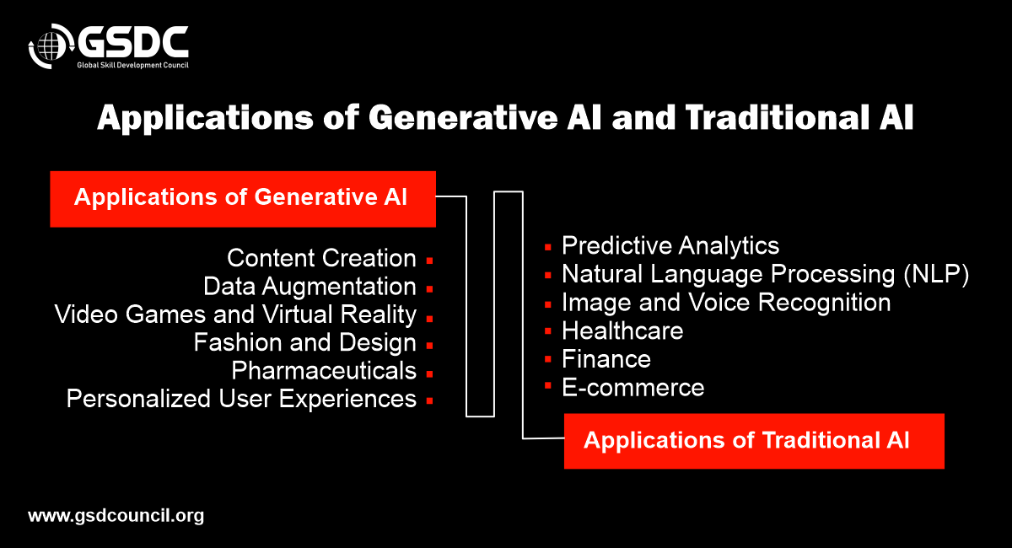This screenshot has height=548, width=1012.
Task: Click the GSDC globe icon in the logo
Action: click(x=51, y=46)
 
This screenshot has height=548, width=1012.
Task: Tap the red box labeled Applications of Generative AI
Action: click(x=243, y=199)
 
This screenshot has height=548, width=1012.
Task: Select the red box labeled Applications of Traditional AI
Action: click(x=754, y=441)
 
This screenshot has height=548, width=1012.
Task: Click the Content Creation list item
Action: click(x=321, y=258)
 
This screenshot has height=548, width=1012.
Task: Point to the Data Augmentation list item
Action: click(x=310, y=287)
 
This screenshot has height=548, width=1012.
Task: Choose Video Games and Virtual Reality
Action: click(x=235, y=314)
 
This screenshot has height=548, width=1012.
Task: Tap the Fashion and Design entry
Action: click(x=305, y=342)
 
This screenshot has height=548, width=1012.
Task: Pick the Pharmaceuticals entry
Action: click(x=324, y=371)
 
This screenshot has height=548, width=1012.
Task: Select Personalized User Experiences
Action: click(x=241, y=399)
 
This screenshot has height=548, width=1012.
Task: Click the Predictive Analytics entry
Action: click(x=670, y=246)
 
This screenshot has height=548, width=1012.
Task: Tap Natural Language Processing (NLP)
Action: click(x=766, y=274)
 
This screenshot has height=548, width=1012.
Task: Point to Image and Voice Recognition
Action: click(x=726, y=303)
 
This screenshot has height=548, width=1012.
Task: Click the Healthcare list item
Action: click(x=622, y=330)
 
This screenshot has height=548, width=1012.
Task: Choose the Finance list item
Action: click(x=606, y=359)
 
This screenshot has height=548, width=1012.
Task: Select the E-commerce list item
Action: click(x=633, y=388)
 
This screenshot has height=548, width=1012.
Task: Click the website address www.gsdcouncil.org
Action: click(x=116, y=516)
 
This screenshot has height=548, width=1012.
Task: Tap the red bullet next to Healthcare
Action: click(x=548, y=331)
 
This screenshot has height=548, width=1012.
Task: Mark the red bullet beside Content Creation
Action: click(x=429, y=261)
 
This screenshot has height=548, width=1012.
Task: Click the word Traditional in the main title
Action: click(x=777, y=118)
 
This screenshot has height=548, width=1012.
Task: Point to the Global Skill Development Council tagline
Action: click(x=133, y=65)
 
